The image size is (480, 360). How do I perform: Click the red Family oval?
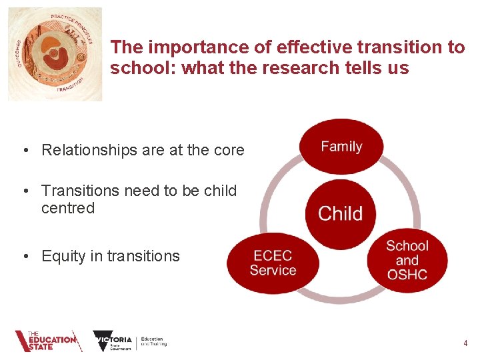click(341, 147)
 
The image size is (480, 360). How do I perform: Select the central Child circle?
click(341, 213)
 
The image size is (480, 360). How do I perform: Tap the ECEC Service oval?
click(273, 263)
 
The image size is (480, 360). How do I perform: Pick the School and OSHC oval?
click(407, 261)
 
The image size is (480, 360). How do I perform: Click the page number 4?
click(465, 343)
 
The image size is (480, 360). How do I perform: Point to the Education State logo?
click(48, 341)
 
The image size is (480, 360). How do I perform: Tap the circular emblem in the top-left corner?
click(55, 54)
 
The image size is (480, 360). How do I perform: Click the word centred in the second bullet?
click(68, 208)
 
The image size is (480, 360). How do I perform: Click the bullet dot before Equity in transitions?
click(24, 256)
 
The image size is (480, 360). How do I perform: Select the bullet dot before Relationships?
click(24, 151)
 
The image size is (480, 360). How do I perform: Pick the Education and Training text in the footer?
click(153, 341)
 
